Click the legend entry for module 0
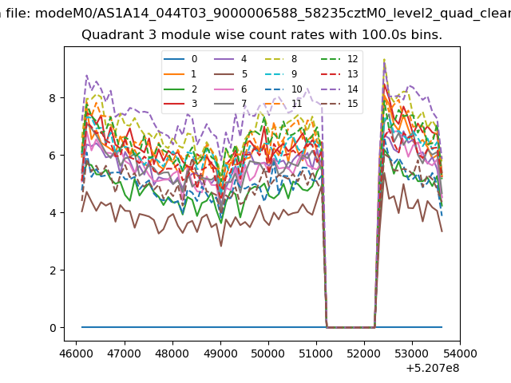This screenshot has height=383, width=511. pyautogui.click(x=180, y=59)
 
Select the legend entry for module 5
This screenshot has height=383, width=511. pyautogui.click(x=231, y=74)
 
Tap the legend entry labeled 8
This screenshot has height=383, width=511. pyautogui.click(x=281, y=59)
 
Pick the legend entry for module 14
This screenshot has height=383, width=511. pyautogui.click(x=339, y=89)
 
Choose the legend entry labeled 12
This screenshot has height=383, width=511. pyautogui.click(x=339, y=59)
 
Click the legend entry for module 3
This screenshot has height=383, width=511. pyautogui.click(x=180, y=104)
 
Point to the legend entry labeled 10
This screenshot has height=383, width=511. pyautogui.click(x=283, y=89)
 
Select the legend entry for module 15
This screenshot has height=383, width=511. pyautogui.click(x=339, y=104)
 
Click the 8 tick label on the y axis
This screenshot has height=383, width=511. pyautogui.click(x=53, y=98)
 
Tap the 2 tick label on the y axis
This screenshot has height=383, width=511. pyautogui.click(x=53, y=270)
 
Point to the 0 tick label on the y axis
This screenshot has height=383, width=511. pyautogui.click(x=53, y=328)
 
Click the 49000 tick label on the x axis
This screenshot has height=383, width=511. pyautogui.click(x=220, y=353)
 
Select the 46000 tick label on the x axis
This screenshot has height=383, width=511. pyautogui.click(x=77, y=353)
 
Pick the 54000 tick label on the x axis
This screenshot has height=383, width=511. pyautogui.click(x=460, y=353)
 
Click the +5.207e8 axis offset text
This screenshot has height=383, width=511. pyautogui.click(x=433, y=369)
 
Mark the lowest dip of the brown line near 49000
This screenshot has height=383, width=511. pyautogui.click(x=221, y=247)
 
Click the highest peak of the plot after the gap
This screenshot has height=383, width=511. pyautogui.click(x=385, y=59)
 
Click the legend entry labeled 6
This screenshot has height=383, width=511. pyautogui.click(x=231, y=89)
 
